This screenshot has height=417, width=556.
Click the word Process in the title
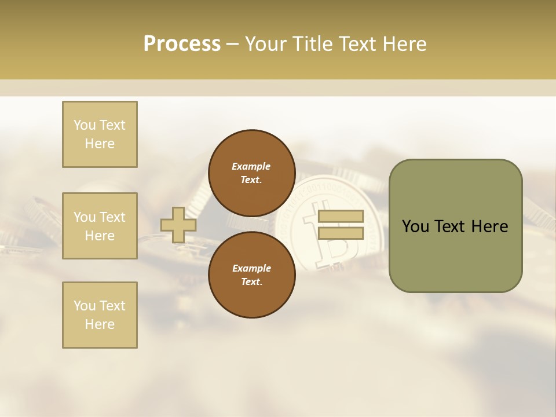tap(182, 44)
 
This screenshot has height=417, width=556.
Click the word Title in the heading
tap(312, 44)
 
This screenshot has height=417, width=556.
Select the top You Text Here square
tap(100, 134)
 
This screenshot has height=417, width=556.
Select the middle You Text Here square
tap(100, 226)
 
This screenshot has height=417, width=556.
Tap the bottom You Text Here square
tap(100, 315)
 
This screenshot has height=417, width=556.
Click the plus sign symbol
tap(178, 225)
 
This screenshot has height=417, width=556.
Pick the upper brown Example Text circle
tap(251, 173)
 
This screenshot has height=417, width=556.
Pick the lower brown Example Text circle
tap(251, 275)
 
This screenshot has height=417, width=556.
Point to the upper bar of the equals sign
tap(341, 217)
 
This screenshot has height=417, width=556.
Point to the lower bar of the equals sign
tap(341, 233)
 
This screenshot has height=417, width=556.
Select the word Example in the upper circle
tap(251, 166)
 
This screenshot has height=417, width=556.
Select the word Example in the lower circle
tap(251, 268)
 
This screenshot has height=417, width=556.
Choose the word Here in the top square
tap(100, 144)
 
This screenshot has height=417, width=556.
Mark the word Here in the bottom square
tap(100, 324)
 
